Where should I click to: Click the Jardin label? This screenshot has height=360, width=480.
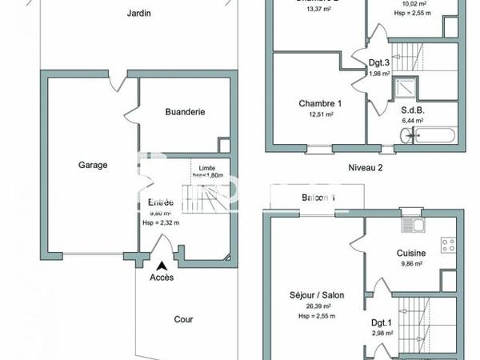click(139, 14)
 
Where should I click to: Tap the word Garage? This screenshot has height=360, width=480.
click(93, 165)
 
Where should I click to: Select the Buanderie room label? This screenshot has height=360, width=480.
click(186, 112)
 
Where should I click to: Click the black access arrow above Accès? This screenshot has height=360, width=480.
click(162, 266)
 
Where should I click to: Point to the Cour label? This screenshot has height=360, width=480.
click(183, 318)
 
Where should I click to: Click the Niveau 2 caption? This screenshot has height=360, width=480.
click(366, 167)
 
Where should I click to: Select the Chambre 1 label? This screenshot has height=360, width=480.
click(320, 103)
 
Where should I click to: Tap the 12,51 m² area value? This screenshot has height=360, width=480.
click(320, 114)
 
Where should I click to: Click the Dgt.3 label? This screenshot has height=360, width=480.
click(379, 63)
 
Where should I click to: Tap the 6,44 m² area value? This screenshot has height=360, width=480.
click(413, 121)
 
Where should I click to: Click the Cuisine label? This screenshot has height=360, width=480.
click(411, 253)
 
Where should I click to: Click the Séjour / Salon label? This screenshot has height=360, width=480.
click(317, 295)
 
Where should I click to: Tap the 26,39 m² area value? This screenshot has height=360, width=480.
click(317, 306)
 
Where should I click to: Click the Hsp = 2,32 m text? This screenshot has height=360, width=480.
click(161, 222)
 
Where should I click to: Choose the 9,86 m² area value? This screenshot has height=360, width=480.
click(411, 263)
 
